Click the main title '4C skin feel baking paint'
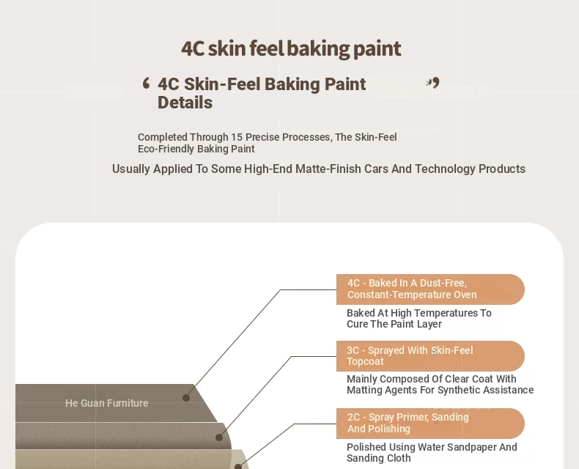[x=291, y=49]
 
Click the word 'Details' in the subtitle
[x=185, y=103]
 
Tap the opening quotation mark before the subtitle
[x=147, y=83]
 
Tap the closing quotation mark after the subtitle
[x=432, y=82]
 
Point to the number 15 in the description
[x=237, y=137]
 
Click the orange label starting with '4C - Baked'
[x=430, y=289]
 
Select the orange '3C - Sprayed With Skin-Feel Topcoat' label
[x=430, y=356]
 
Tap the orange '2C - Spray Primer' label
[x=430, y=424]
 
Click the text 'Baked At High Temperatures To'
[x=419, y=313]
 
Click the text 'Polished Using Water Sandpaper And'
[x=432, y=447]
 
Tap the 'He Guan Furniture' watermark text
[x=107, y=403]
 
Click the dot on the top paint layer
[x=186, y=398]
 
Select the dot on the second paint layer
[x=219, y=437]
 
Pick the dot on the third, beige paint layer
[x=238, y=466]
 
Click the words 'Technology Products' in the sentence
[x=470, y=169]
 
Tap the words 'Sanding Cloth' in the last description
[x=378, y=458]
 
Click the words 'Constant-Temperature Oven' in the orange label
[x=412, y=295]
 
